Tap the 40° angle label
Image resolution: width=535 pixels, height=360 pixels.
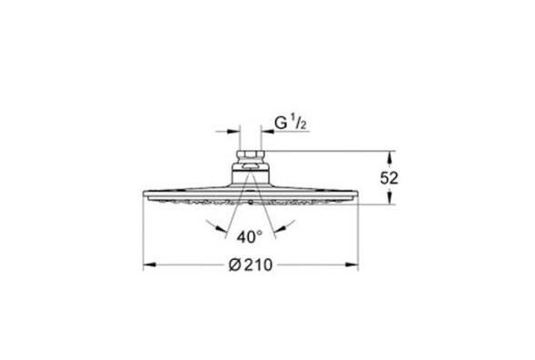click(x=248, y=235)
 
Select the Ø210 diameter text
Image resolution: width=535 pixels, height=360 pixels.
click(x=248, y=265)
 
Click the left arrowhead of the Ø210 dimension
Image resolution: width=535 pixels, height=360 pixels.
click(x=147, y=265)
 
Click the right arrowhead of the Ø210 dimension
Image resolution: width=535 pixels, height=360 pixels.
click(x=358, y=265)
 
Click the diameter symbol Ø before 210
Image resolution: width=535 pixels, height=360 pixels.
click(x=233, y=265)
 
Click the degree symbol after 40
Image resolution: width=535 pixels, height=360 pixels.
click(x=261, y=232)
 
